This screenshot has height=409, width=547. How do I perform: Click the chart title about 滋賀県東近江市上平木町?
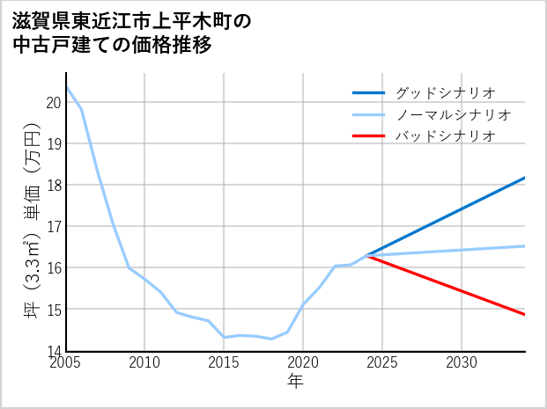pos(132,33)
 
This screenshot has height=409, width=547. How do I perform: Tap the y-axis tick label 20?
pos(53,102)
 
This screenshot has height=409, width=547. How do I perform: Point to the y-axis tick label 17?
pos(53,226)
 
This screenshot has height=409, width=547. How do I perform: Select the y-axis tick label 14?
pos(53,350)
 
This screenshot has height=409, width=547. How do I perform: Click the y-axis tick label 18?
pos(53,185)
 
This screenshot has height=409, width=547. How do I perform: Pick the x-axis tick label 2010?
pos(144,362)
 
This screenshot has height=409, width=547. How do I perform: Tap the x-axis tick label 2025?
pos(382,362)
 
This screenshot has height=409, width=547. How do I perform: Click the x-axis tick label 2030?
pos(462,362)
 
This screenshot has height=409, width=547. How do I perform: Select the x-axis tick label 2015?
pos(224,362)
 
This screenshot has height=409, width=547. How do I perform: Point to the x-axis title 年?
pos(295,381)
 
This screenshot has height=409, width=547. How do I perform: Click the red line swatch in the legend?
pos(368,136)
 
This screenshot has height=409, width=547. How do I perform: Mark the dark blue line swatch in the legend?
pos(368,92)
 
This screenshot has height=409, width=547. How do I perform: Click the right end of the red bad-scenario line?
pos(524,314)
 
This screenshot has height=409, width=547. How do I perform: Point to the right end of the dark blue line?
pos(524,178)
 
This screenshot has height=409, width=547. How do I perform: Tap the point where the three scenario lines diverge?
pos(366,255)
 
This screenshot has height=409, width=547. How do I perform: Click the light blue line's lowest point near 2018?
pos(271,339)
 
